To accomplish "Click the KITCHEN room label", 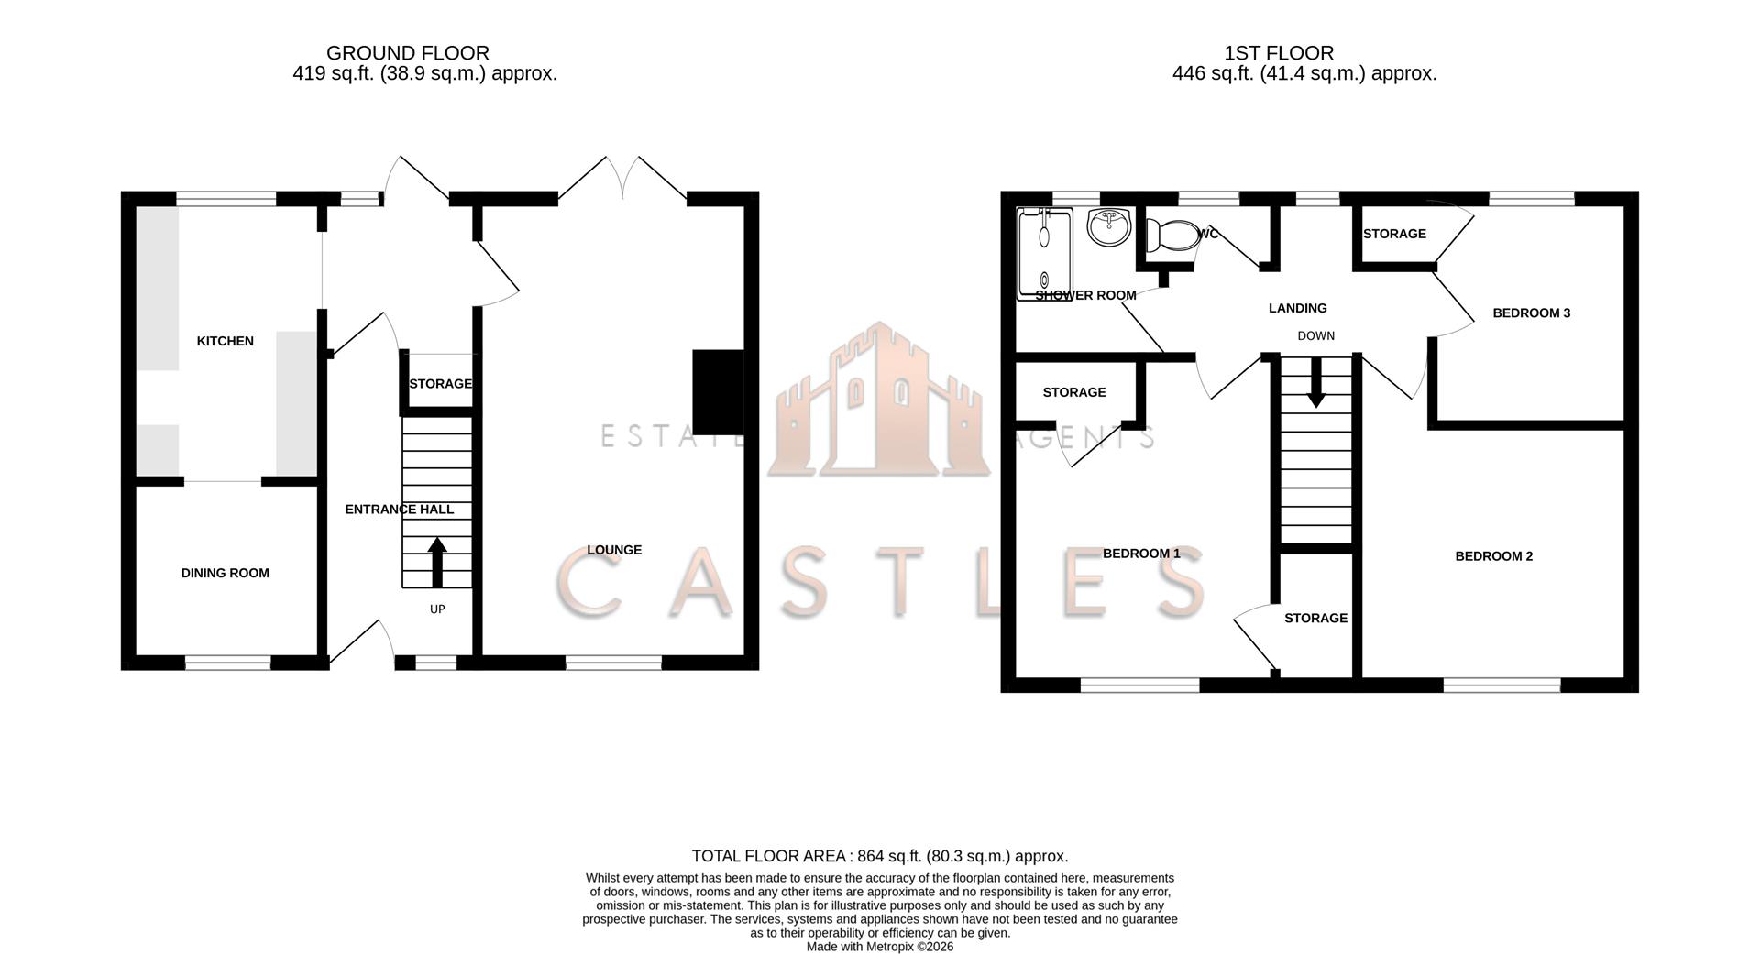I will [225, 341].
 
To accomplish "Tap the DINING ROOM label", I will [225, 573].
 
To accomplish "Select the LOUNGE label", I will [614, 550].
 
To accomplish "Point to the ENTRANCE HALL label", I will [399, 510].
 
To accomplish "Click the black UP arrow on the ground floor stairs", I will [437, 562].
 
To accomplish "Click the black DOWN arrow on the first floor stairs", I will [1315, 383].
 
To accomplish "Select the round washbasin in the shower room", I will [1110, 225].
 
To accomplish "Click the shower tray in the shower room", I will [1044, 252].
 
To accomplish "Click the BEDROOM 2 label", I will [1493, 556].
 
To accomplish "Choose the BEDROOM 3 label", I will [1531, 313].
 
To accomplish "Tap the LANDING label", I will [1297, 308].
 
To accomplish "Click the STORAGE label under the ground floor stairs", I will [440, 384].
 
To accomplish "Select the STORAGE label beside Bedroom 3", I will [1393, 234].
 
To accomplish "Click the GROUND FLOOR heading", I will [408, 53].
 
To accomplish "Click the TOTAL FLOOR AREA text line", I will [879, 856].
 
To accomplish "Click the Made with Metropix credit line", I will [879, 947].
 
